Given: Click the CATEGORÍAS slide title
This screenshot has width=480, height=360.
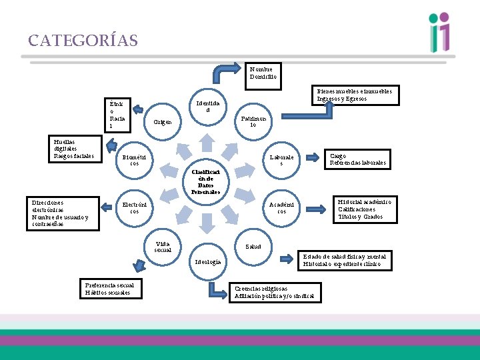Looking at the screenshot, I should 83,41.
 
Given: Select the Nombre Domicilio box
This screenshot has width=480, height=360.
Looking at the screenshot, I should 261,73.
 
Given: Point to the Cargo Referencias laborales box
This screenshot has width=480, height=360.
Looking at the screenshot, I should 358,159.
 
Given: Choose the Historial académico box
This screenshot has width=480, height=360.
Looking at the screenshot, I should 364,209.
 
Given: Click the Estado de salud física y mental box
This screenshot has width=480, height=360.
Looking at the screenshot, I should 344,261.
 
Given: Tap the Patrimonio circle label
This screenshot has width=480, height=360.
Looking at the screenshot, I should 253,122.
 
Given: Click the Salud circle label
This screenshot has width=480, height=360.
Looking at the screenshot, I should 253,247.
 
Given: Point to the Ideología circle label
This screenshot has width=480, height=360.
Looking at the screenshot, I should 207,262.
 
